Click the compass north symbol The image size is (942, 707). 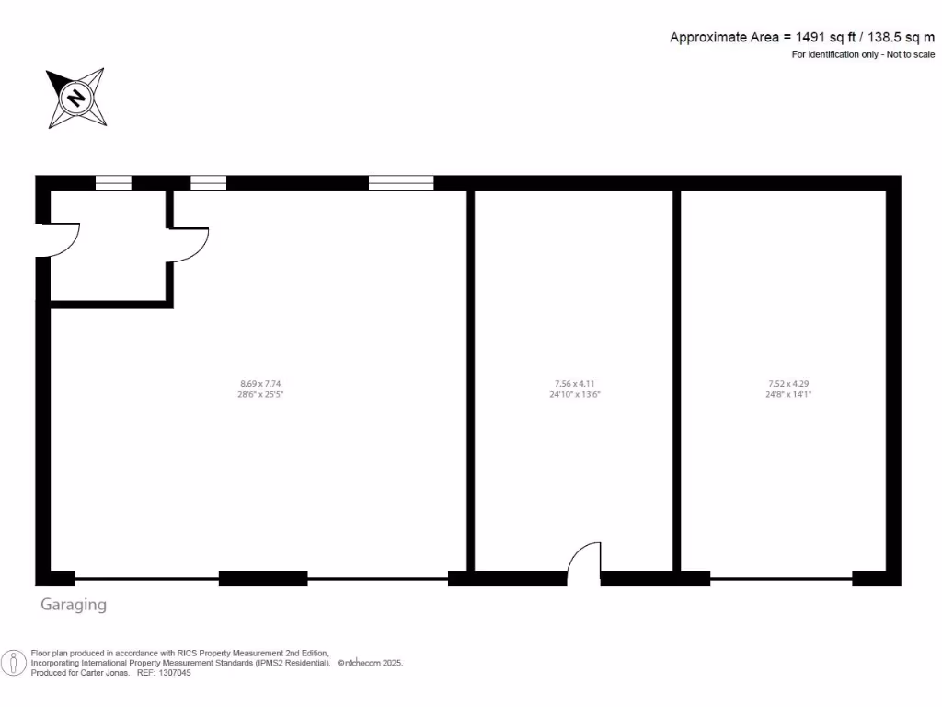[x=76, y=98]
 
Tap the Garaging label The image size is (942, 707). [x=74, y=605]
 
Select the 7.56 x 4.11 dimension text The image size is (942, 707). [x=575, y=383]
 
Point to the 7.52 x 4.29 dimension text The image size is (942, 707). [x=788, y=383]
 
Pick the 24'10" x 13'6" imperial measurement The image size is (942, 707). [x=575, y=394]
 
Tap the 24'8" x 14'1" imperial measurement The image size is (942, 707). [x=788, y=394]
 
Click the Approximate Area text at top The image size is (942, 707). [x=801, y=38]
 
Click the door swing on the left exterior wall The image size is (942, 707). [x=63, y=239]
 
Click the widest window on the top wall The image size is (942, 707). [x=401, y=182]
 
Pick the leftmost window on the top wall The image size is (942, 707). [x=114, y=182]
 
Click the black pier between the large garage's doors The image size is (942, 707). [x=263, y=579]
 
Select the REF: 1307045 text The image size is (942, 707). [x=164, y=673]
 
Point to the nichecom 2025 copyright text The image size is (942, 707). [x=371, y=663]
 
